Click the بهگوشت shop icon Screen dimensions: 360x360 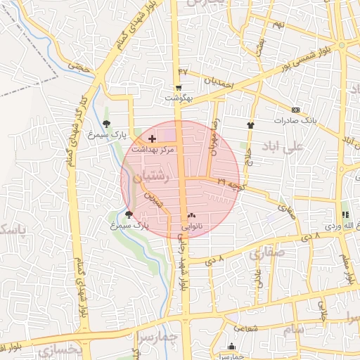pos(179,89)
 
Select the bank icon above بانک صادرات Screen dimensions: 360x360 pos(295,110)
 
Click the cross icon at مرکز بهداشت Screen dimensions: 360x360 pos(153,139)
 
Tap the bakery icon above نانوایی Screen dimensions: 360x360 pos(191,215)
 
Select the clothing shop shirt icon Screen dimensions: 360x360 pos(250,125)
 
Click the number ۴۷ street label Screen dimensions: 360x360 pos(184,71)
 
